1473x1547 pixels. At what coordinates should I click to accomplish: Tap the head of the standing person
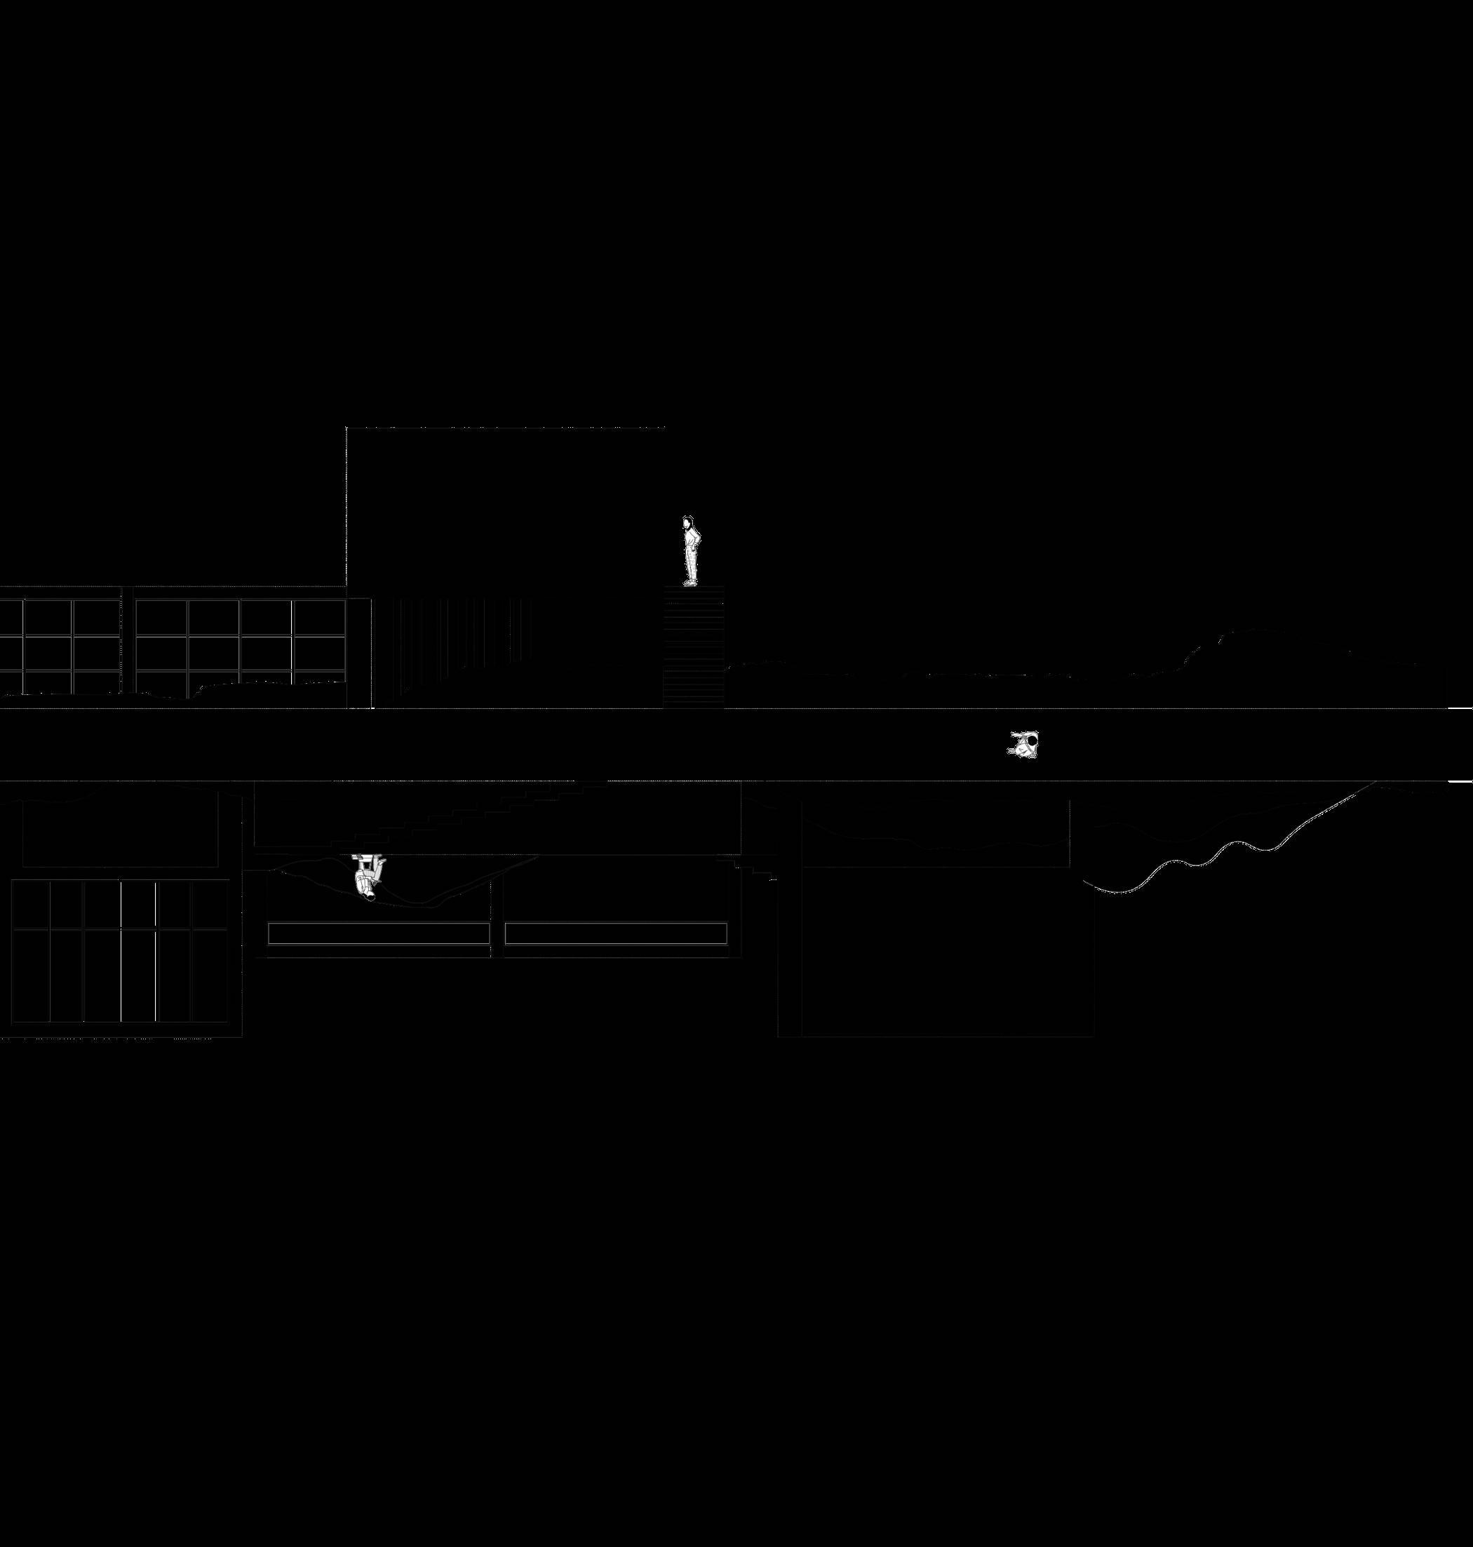click(x=688, y=522)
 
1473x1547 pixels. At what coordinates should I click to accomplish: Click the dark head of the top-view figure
click(x=1034, y=738)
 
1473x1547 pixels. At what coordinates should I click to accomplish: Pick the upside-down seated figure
click(x=368, y=874)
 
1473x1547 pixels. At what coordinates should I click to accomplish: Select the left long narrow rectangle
click(x=379, y=933)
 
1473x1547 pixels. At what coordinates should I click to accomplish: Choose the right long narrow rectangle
click(x=614, y=933)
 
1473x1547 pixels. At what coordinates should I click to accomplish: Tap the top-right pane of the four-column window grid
click(x=318, y=618)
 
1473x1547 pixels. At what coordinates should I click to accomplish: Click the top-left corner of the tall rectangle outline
click(x=347, y=428)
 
